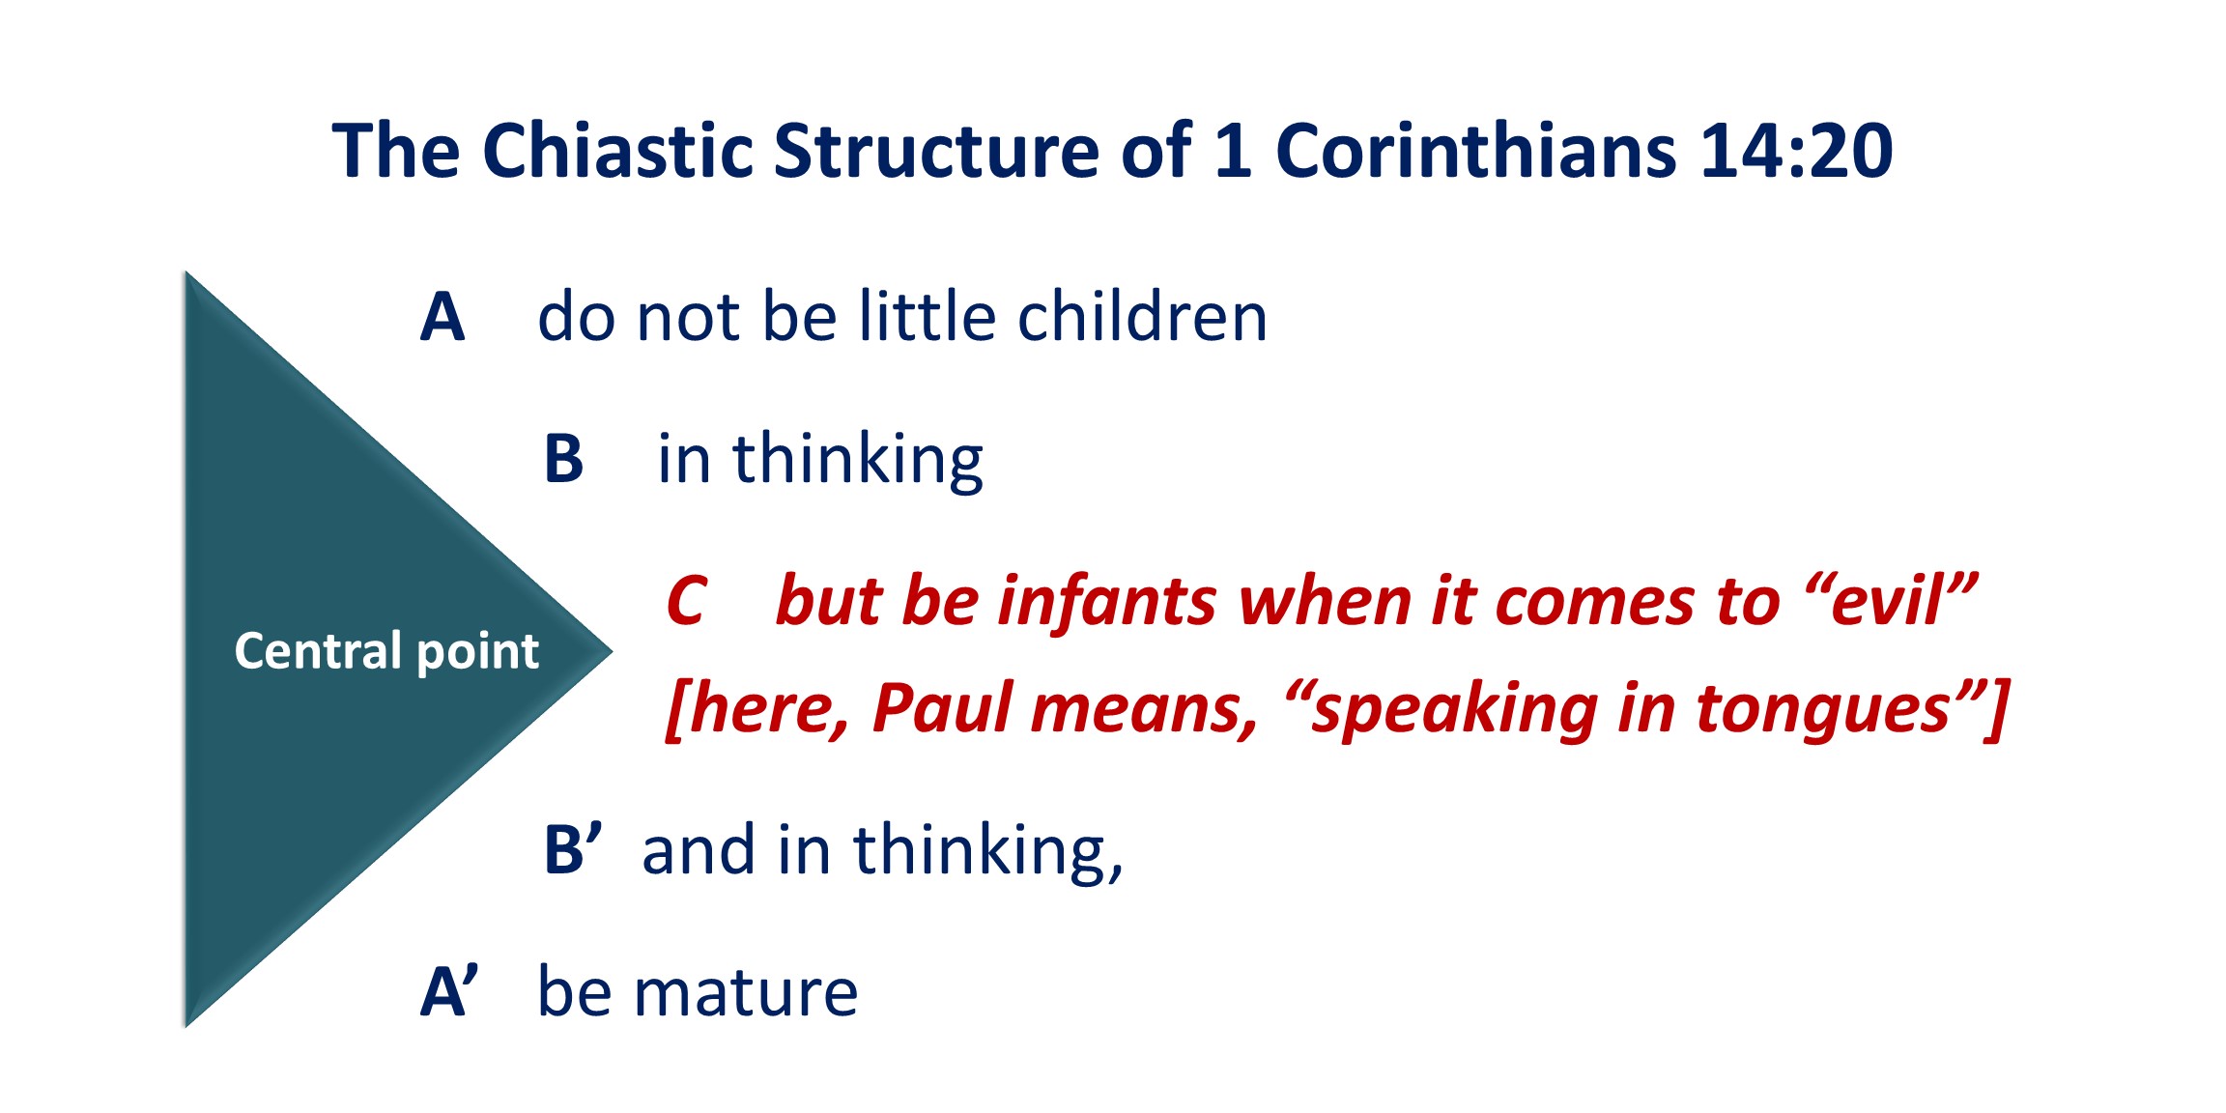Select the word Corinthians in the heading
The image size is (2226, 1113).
1476,151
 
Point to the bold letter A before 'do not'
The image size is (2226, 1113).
442,317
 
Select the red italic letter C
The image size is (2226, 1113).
687,601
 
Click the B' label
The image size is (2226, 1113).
573,849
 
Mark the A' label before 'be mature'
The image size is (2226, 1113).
449,991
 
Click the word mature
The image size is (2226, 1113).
745,993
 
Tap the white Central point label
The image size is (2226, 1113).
386,651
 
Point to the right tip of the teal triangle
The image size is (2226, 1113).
613,651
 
